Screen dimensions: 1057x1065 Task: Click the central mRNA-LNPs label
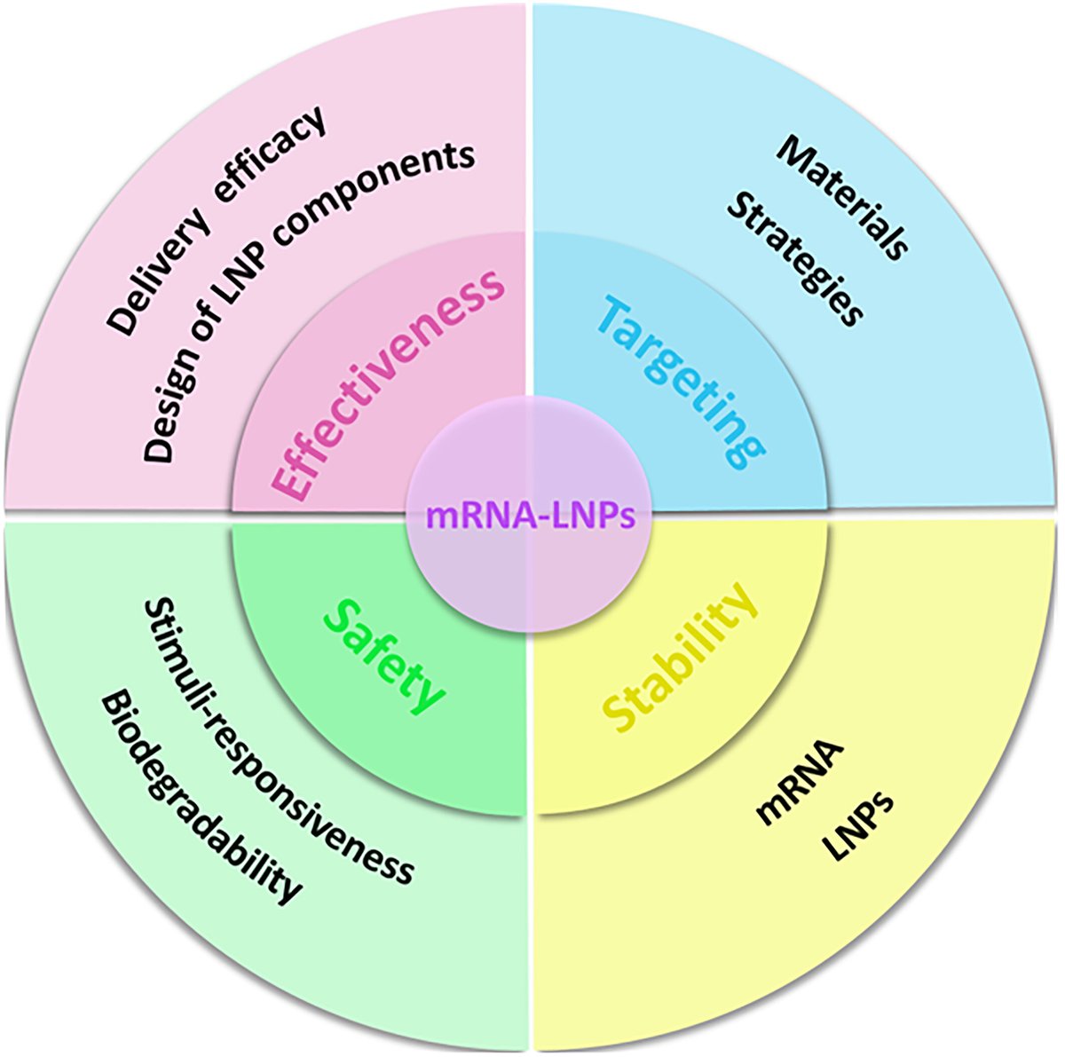(x=531, y=516)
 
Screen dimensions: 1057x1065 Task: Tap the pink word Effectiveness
(x=387, y=387)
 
